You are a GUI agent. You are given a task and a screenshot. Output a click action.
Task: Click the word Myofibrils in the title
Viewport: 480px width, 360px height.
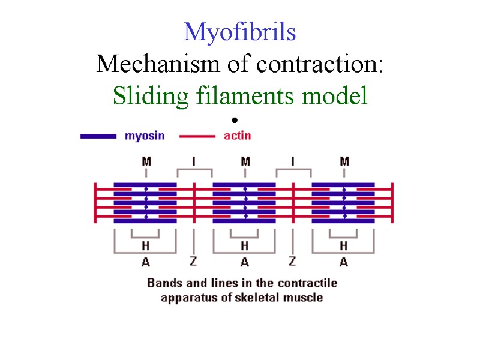tap(240, 31)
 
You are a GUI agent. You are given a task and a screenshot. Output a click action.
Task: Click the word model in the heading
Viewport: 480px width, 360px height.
tap(338, 95)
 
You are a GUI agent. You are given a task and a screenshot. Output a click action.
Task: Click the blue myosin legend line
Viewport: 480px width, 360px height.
tap(98, 136)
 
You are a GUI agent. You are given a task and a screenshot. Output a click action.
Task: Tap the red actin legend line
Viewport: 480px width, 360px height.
tap(197, 136)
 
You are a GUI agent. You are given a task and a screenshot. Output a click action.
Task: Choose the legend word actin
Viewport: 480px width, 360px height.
tap(237, 136)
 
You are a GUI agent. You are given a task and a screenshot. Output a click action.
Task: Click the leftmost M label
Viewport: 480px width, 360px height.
tap(146, 161)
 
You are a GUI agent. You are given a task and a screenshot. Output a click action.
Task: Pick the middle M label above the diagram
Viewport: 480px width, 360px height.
tap(245, 161)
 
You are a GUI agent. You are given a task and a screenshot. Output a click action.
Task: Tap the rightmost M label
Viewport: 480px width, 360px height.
tap(344, 161)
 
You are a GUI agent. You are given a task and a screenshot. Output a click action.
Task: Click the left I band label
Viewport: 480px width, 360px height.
tap(194, 161)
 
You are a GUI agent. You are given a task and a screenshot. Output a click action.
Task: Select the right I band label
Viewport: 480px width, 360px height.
tap(293, 161)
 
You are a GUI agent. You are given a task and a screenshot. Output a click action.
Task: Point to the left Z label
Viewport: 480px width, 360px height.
tap(193, 261)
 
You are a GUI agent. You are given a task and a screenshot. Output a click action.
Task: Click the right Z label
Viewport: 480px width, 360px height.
tap(292, 261)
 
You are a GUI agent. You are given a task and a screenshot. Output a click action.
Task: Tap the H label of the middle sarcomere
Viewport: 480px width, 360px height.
tap(244, 245)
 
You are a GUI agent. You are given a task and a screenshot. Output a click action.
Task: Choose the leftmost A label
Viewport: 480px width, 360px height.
tap(145, 262)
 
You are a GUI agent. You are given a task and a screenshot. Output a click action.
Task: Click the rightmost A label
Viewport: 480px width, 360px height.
tap(343, 262)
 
